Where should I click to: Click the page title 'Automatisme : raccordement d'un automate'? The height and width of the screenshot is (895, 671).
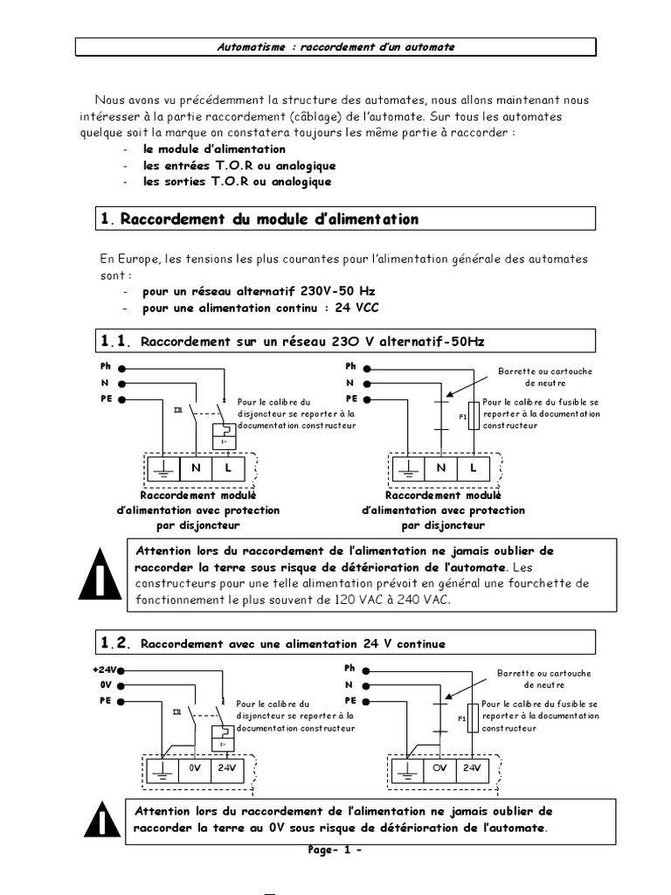tap(335, 46)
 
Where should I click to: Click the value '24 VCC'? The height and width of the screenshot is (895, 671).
tap(356, 308)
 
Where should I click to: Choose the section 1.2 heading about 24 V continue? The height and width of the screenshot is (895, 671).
tap(293, 643)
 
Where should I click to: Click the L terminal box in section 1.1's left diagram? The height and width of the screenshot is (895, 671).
tap(228, 468)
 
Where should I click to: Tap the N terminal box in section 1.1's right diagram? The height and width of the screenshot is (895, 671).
tap(442, 468)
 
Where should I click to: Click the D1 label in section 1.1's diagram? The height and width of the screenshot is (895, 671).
tap(177, 409)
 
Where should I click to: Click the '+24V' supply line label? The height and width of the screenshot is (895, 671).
tap(103, 670)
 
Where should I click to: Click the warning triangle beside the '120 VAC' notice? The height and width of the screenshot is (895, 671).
tap(102, 574)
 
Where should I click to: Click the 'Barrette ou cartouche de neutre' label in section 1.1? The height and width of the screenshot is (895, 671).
tap(545, 377)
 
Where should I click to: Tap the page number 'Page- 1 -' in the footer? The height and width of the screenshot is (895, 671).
tap(335, 850)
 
